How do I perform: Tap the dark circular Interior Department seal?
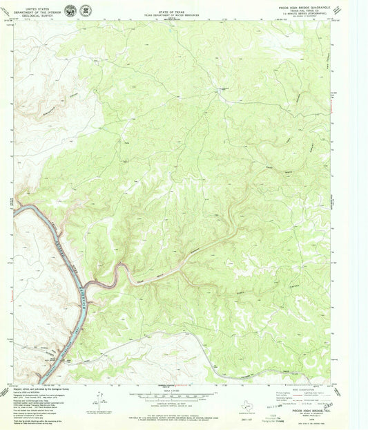click(70, 11)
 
